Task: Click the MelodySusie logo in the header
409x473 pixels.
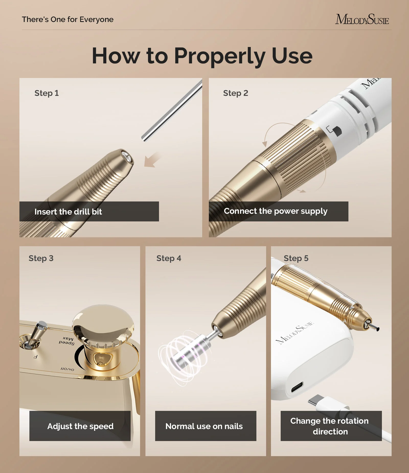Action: pyautogui.click(x=362, y=19)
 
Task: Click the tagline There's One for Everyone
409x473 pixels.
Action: pyautogui.click(x=68, y=19)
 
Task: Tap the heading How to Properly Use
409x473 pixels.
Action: pyautogui.click(x=202, y=56)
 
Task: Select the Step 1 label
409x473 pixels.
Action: pyautogui.click(x=47, y=93)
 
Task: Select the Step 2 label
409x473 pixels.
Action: pyautogui.click(x=235, y=93)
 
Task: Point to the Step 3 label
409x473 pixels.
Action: pyautogui.click(x=41, y=258)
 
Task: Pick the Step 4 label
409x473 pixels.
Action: pyautogui.click(x=169, y=258)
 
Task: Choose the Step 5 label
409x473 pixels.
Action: pyautogui.click(x=296, y=258)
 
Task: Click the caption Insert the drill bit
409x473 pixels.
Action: pyautogui.click(x=68, y=212)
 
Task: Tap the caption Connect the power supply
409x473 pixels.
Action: pyautogui.click(x=276, y=211)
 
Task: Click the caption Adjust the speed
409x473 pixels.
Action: pyautogui.click(x=80, y=426)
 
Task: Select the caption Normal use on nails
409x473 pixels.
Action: pyautogui.click(x=204, y=426)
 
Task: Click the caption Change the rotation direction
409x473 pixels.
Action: pyautogui.click(x=330, y=426)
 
